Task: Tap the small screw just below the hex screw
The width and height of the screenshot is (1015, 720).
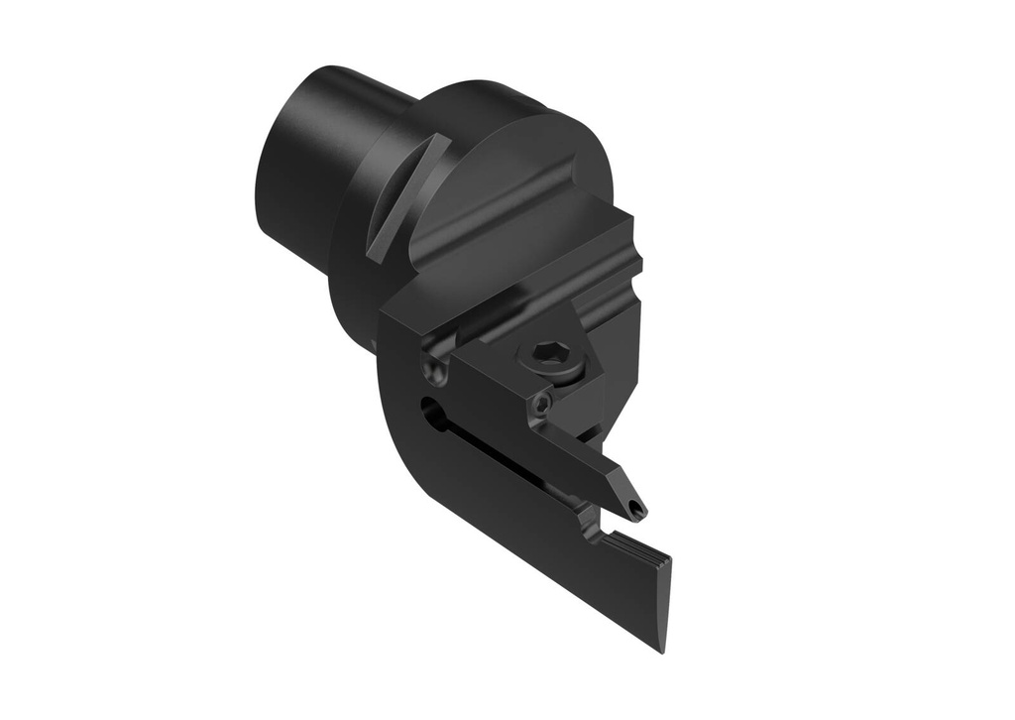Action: [541, 404]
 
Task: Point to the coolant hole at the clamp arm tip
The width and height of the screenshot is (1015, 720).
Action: [634, 511]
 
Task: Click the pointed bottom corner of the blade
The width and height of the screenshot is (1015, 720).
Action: [660, 650]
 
